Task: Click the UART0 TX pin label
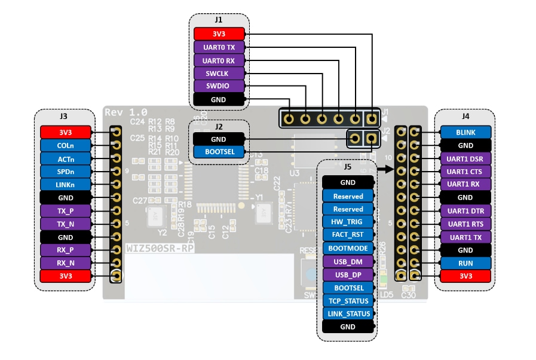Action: click(219, 47)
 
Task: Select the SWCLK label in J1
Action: click(219, 73)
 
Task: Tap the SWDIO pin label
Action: click(219, 86)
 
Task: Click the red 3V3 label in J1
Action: click(219, 33)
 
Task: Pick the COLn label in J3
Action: click(65, 145)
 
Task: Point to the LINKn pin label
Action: click(65, 184)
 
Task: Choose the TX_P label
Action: click(65, 210)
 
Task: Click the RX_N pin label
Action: click(65, 263)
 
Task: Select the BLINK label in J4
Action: click(465, 132)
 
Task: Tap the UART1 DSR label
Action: click(465, 158)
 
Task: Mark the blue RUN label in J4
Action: click(465, 263)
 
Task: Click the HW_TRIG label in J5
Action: click(348, 222)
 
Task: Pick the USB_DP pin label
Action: click(348, 274)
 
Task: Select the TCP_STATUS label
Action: click(348, 301)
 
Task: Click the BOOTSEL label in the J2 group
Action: click(219, 152)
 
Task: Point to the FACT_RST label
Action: click(348, 235)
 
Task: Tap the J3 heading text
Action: click(63, 116)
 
